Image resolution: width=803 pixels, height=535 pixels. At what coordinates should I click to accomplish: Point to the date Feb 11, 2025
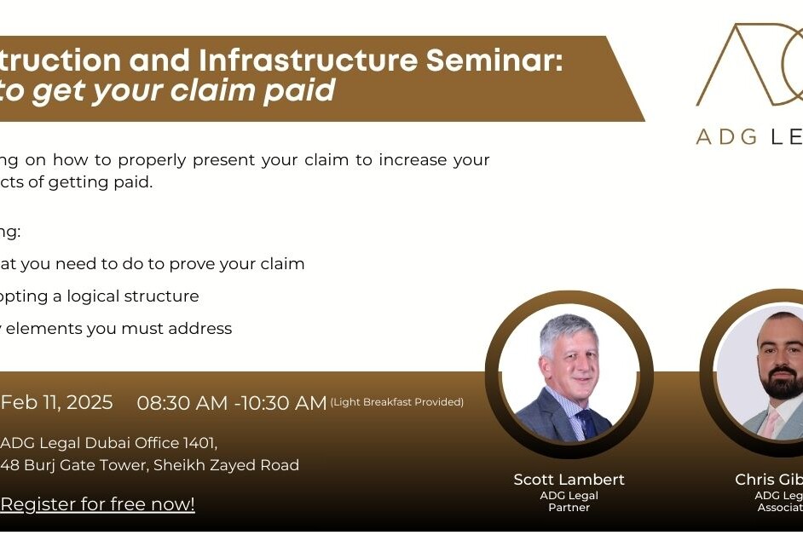57,402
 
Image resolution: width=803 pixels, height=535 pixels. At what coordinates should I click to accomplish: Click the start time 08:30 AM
182,403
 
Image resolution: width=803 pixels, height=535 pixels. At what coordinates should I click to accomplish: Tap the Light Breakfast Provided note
396,402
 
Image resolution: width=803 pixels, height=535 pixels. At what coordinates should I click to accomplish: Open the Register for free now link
98,504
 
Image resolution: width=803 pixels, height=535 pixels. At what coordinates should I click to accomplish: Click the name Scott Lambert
569,480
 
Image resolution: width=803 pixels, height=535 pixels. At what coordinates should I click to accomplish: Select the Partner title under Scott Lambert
569,507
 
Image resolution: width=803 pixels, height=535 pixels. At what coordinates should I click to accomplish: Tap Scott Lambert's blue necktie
586,423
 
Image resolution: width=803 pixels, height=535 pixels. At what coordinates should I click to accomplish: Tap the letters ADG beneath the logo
725,136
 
